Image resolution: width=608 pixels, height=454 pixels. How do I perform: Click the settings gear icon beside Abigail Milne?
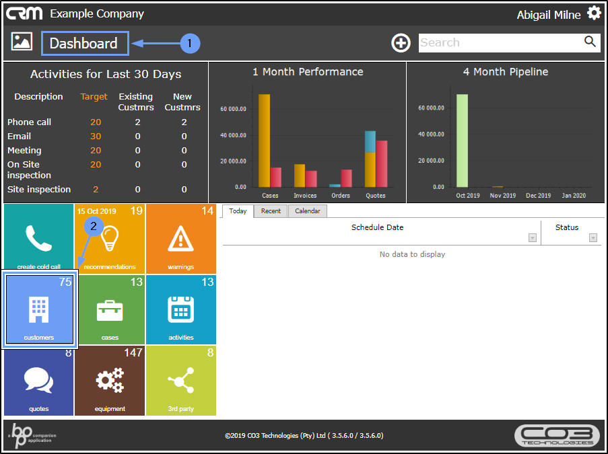pyautogui.click(x=593, y=13)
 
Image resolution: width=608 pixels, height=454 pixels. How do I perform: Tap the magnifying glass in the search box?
pyautogui.click(x=590, y=42)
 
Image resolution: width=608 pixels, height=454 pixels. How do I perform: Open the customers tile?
pyautogui.click(x=39, y=309)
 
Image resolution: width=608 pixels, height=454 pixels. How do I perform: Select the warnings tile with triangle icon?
pyautogui.click(x=180, y=239)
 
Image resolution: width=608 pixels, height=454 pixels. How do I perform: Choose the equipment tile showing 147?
pyautogui.click(x=110, y=380)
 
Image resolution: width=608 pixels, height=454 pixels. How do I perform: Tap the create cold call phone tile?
pyautogui.click(x=38, y=239)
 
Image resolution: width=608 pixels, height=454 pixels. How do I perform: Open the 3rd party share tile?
pyautogui.click(x=180, y=380)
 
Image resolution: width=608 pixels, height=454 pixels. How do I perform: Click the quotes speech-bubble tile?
pyautogui.click(x=38, y=380)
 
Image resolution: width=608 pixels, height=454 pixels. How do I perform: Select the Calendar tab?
pyautogui.click(x=307, y=211)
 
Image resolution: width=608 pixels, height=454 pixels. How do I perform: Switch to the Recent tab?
pyautogui.click(x=271, y=211)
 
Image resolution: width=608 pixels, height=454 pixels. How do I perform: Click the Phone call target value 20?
pyautogui.click(x=96, y=122)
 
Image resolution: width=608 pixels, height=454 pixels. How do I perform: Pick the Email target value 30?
pyautogui.click(x=96, y=136)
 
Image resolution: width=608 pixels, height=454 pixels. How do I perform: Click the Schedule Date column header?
pyautogui.click(x=377, y=227)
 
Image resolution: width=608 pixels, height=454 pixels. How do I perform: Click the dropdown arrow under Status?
pyautogui.click(x=593, y=237)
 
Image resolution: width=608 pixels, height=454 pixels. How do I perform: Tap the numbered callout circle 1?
pyautogui.click(x=190, y=43)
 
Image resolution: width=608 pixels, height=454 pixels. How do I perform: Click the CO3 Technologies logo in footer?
pyautogui.click(x=556, y=435)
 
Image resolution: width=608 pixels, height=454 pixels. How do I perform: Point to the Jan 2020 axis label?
pyautogui.click(x=574, y=196)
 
